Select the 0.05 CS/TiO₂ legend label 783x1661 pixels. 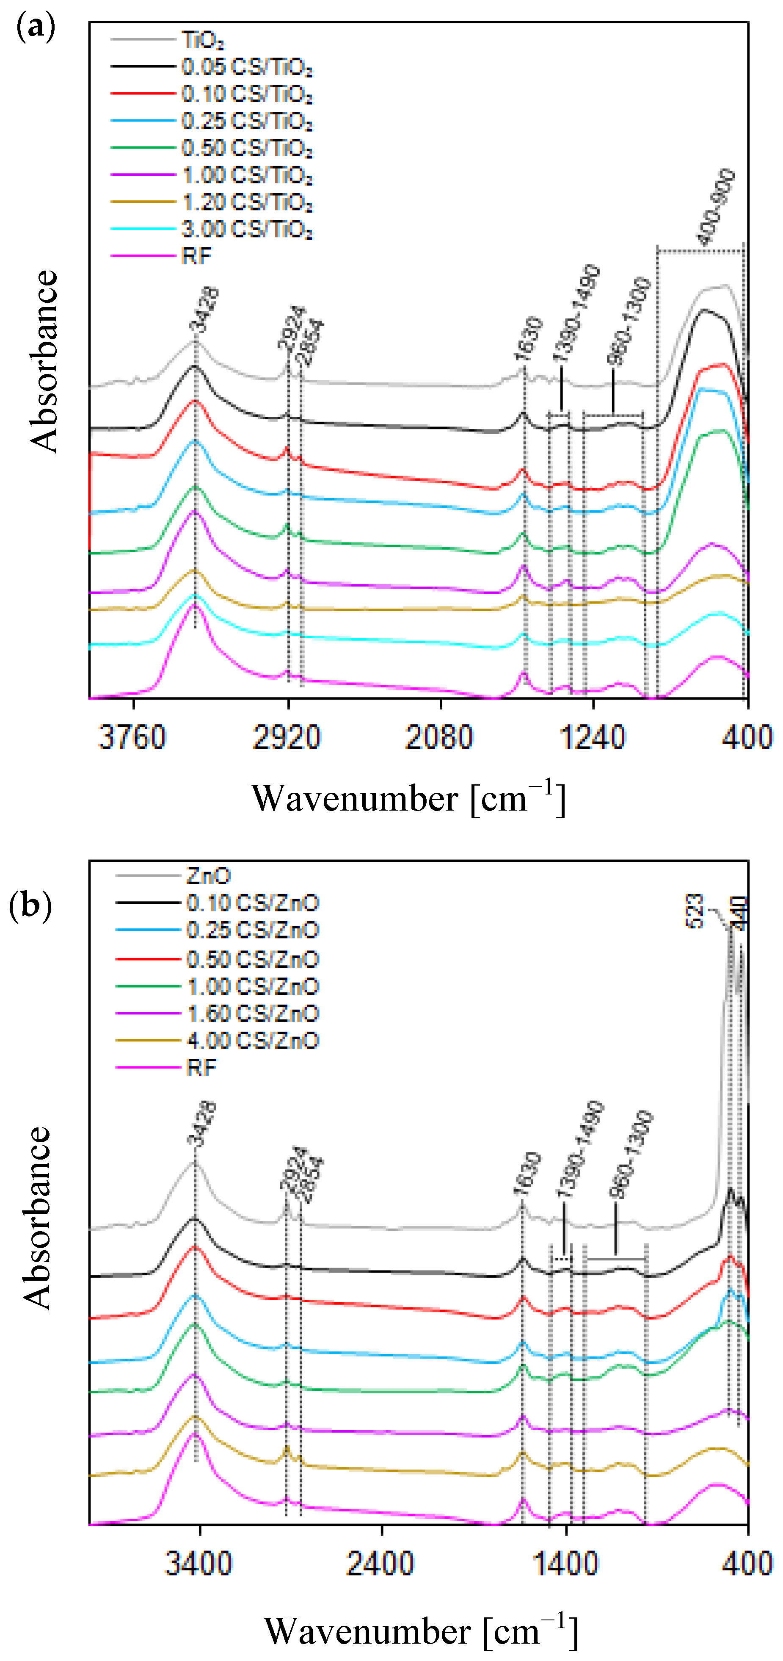click(x=247, y=67)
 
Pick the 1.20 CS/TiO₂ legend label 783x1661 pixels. click(x=247, y=202)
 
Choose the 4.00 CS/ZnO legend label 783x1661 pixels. click(x=253, y=1041)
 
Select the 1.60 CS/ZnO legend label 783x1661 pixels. click(x=253, y=1013)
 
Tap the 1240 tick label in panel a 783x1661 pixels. click(x=592, y=737)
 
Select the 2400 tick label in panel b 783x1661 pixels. click(x=380, y=1564)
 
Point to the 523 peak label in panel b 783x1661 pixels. click(x=694, y=911)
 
